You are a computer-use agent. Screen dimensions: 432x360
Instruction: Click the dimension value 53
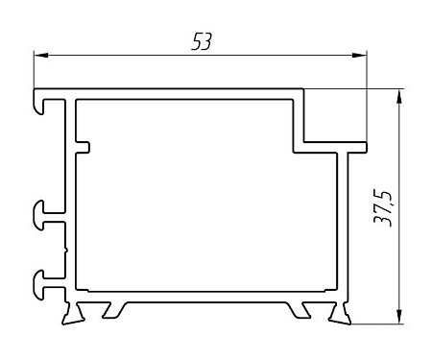(x=202, y=42)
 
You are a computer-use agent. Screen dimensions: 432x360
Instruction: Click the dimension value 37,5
(x=382, y=209)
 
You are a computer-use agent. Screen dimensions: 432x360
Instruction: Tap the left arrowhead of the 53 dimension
(x=41, y=56)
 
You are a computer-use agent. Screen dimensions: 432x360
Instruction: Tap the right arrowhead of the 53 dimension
(x=359, y=56)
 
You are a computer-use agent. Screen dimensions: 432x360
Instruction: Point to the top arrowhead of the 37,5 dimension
(x=399, y=97)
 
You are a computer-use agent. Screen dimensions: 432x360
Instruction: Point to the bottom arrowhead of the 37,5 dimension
(x=399, y=317)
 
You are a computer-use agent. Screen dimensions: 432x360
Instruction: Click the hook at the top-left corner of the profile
(x=39, y=102)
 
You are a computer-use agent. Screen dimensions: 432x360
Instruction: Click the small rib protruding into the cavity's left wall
(x=83, y=147)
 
